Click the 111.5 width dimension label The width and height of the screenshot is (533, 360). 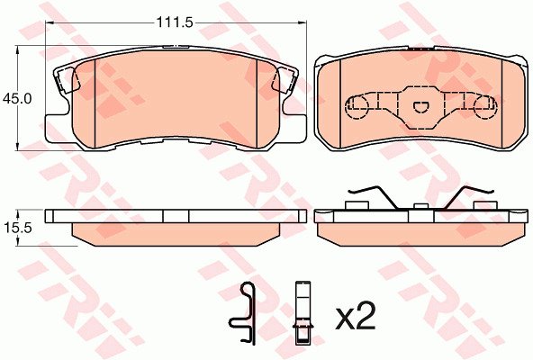point(175,22)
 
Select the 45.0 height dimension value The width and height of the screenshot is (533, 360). point(17,99)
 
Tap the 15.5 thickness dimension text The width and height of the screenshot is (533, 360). point(18,228)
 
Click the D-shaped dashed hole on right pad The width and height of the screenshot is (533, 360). point(421,107)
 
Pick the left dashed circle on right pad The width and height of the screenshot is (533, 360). point(357,107)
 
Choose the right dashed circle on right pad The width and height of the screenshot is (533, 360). point(485,107)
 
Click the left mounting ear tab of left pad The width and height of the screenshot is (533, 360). point(67,81)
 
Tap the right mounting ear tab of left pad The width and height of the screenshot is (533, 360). point(285,81)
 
